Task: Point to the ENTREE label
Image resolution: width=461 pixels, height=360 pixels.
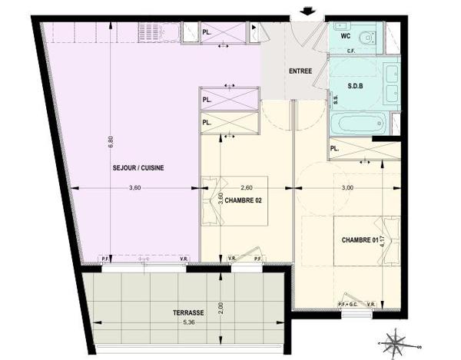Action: (x=300, y=72)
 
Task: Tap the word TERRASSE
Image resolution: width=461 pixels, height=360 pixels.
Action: (x=188, y=313)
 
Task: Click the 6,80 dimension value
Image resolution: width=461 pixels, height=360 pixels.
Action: (x=110, y=143)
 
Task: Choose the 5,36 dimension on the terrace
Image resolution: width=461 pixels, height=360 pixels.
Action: (x=188, y=322)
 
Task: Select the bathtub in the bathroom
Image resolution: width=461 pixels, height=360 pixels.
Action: (x=360, y=122)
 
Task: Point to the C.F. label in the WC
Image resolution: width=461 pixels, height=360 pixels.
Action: (x=350, y=51)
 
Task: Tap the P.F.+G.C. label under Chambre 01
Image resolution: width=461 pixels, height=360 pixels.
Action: (x=348, y=304)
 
